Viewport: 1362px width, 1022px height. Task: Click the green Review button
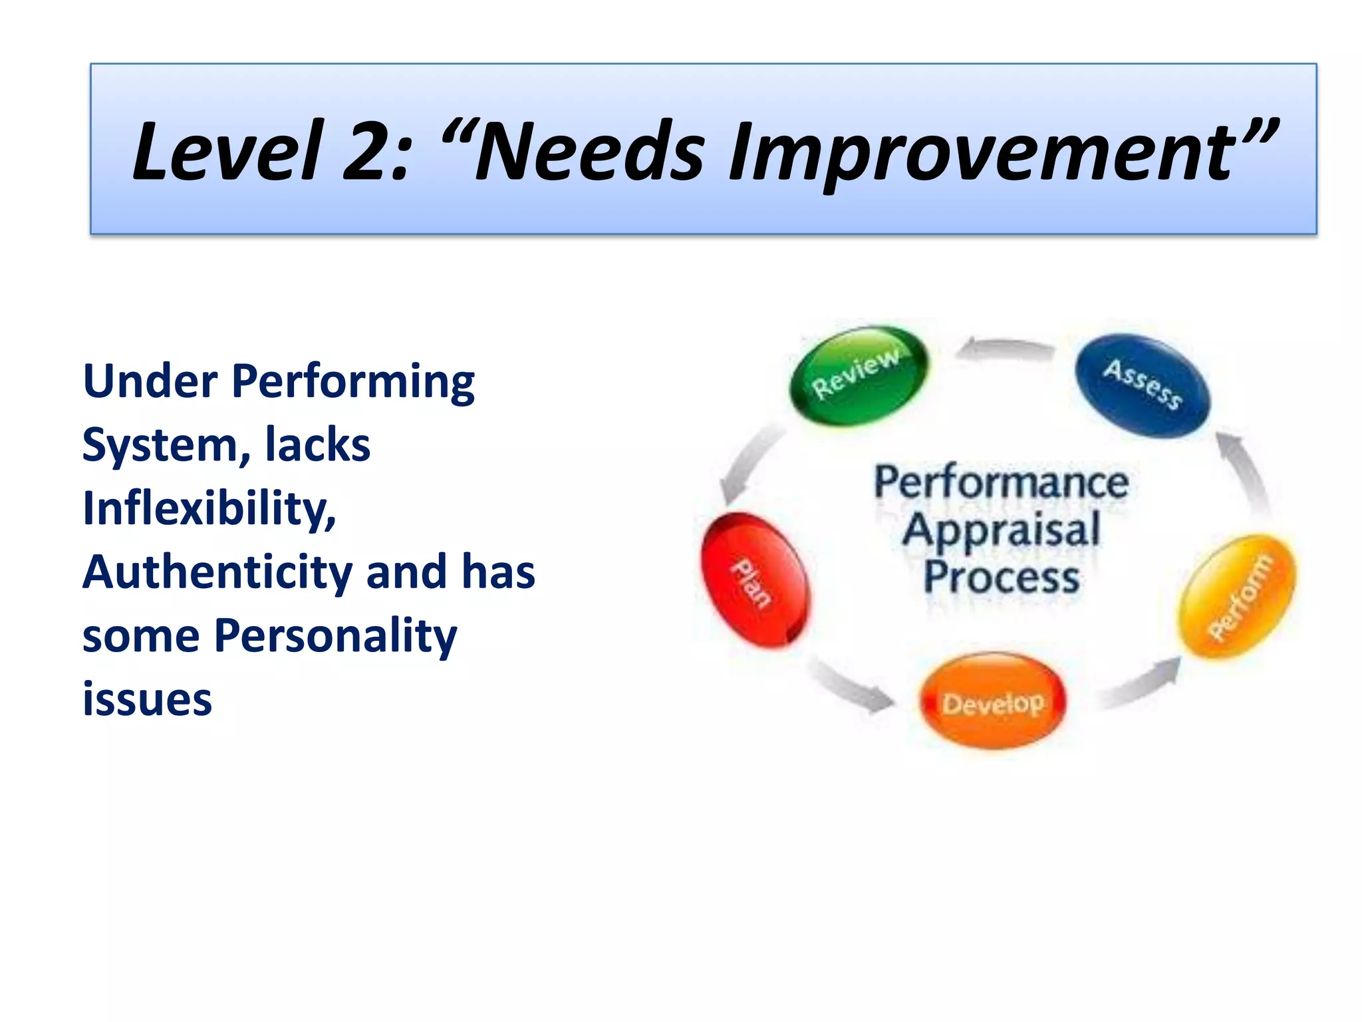coord(859,377)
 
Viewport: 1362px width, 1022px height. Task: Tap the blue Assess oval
coord(1143,386)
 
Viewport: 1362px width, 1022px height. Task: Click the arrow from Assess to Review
coord(1006,349)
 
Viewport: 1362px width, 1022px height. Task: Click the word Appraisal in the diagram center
coord(1002,530)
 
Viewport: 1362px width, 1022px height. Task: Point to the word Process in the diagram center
coord(1002,577)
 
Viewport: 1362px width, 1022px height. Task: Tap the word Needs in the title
coord(589,152)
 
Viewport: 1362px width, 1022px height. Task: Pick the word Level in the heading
coord(227,152)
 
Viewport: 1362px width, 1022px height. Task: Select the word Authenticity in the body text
coord(217,572)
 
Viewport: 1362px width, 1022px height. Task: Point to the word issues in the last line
coord(147,699)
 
